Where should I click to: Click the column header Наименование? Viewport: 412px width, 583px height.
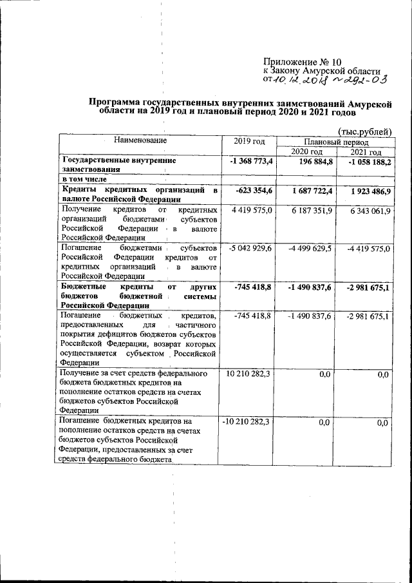pyautogui.click(x=140, y=140)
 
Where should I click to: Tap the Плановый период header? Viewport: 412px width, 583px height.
pyautogui.click(x=336, y=140)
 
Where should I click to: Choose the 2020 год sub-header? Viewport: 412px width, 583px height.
pyautogui.click(x=306, y=151)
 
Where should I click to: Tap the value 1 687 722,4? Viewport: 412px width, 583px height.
pyautogui.click(x=307, y=192)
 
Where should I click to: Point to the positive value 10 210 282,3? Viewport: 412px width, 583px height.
pyautogui.click(x=248, y=374)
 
